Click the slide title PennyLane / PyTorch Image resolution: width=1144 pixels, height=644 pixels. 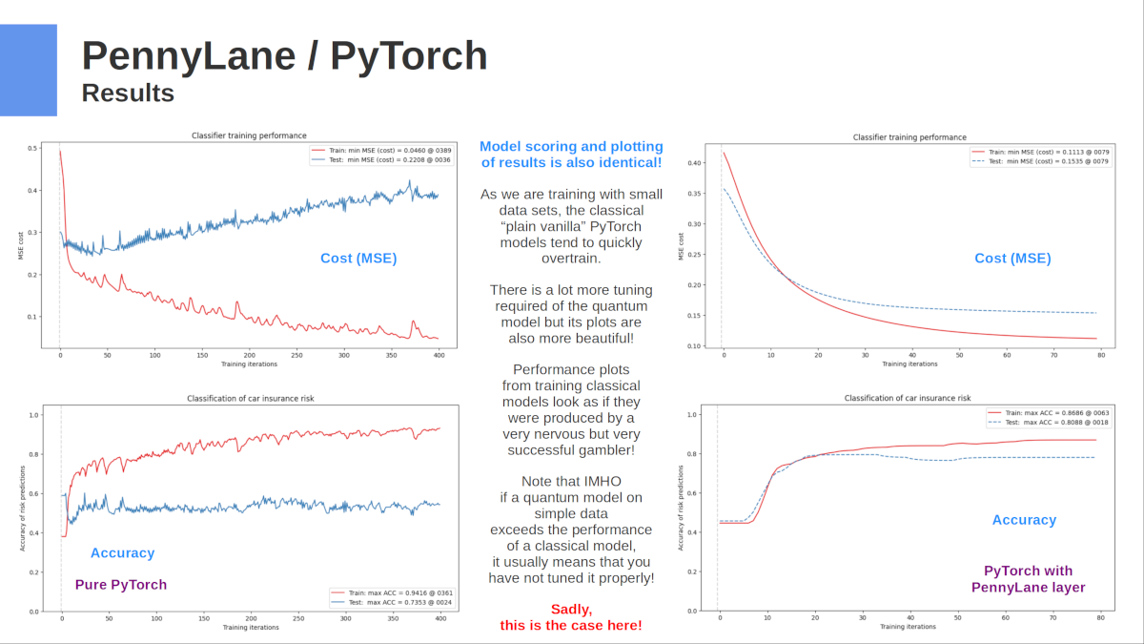point(284,56)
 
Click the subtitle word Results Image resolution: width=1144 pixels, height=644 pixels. point(128,93)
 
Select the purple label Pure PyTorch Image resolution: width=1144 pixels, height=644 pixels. point(120,585)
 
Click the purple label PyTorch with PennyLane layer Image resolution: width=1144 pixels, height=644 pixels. point(1028,579)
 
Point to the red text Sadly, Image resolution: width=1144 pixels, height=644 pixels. point(571,609)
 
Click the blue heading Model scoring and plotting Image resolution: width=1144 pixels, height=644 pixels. point(571,146)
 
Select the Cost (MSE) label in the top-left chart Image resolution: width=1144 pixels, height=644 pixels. point(357,258)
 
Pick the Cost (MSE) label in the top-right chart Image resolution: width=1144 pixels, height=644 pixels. point(1012,258)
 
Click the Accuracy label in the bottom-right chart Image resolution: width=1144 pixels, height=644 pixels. point(1024,520)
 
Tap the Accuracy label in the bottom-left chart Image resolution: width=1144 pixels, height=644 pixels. point(122,552)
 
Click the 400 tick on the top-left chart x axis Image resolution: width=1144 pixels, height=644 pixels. point(439,356)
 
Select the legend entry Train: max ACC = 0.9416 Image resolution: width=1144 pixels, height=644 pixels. point(399,592)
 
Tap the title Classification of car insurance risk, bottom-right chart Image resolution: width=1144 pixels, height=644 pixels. point(908,398)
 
